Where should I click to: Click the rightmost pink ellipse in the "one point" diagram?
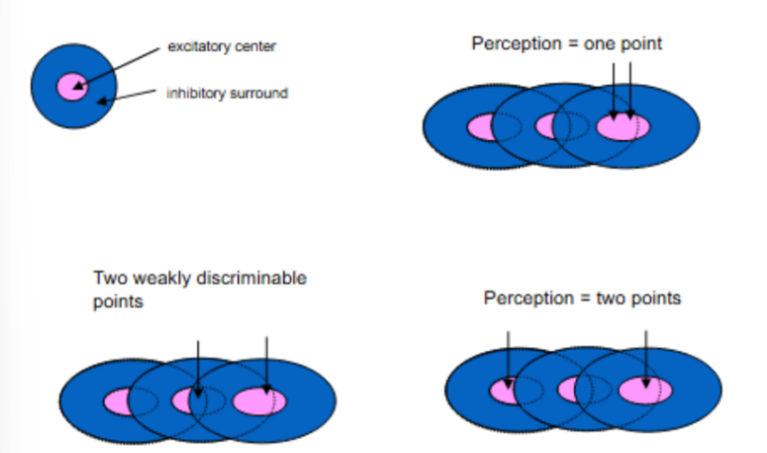(x=621, y=126)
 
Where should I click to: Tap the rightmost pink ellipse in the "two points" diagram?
(x=645, y=389)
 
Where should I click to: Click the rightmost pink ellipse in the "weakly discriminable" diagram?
(x=259, y=401)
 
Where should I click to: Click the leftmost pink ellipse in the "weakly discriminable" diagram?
(x=122, y=400)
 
